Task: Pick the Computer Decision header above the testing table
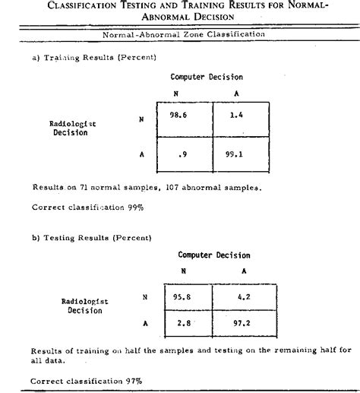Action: point(214,255)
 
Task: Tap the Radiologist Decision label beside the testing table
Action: point(84,306)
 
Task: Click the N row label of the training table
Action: point(141,119)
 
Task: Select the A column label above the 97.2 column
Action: point(243,271)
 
